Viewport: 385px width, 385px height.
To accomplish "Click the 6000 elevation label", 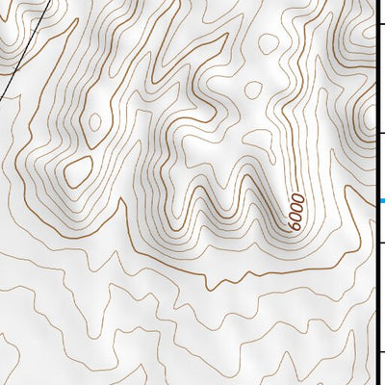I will pos(296,212).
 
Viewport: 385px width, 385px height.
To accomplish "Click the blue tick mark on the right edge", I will pos(380,200).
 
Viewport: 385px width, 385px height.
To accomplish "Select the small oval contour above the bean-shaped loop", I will pos(94,122).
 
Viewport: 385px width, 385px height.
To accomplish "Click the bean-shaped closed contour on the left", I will pos(77,171).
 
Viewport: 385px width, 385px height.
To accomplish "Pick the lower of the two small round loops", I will pos(253,90).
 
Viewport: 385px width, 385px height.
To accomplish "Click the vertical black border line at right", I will pos(375,289).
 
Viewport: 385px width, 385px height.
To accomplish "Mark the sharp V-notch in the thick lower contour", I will pos(211,286).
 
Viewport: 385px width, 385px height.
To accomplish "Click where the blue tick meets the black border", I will pos(375,200).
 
